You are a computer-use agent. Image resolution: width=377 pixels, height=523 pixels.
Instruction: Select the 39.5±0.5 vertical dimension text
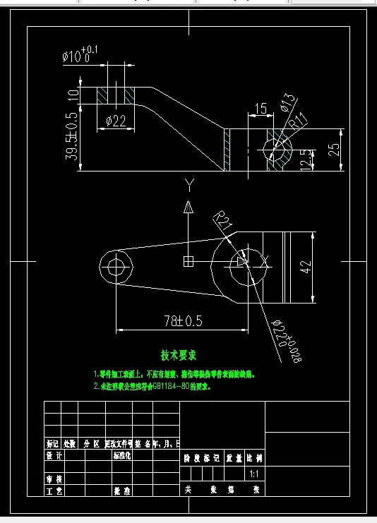coord(72,136)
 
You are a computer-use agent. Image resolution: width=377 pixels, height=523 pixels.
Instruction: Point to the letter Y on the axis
coord(188,186)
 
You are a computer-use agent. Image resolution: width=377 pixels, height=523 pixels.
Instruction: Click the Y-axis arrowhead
coord(188,207)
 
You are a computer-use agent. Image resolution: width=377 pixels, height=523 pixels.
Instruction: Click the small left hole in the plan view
coord(116,267)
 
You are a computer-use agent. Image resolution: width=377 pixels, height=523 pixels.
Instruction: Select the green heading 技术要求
coord(179,354)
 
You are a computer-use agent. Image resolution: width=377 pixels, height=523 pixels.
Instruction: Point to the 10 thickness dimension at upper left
coord(72,95)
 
